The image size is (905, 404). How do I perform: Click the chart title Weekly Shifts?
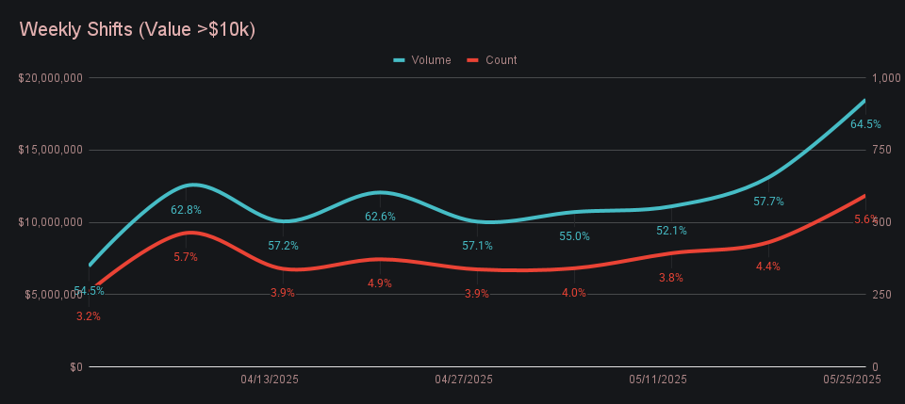(138, 29)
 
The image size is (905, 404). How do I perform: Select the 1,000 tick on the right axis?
(887, 78)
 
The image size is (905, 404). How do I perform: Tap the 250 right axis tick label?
(882, 295)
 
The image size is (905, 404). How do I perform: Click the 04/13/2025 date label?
(270, 380)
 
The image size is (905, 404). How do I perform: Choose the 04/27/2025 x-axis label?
(464, 380)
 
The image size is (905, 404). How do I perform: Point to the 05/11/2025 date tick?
(658, 380)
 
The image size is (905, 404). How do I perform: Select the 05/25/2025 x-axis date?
(851, 380)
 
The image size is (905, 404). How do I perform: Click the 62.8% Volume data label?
(186, 210)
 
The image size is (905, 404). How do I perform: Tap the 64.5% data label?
(865, 124)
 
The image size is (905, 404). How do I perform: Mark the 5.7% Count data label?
(186, 257)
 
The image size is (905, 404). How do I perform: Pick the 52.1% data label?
(671, 231)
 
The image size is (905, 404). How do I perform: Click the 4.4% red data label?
(768, 267)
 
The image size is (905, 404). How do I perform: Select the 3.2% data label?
(89, 316)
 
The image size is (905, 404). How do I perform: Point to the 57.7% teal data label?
(768, 202)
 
